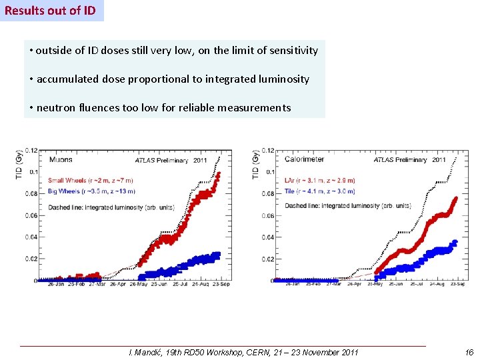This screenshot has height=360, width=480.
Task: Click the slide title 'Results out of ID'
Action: pyautogui.click(x=51, y=11)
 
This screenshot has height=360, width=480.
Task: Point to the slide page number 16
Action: pyautogui.click(x=469, y=352)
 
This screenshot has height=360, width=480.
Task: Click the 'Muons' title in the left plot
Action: pyautogui.click(x=60, y=159)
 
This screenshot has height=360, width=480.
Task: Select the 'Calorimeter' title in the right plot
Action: pyautogui.click(x=306, y=159)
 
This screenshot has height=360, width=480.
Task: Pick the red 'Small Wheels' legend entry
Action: pyautogui.click(x=90, y=181)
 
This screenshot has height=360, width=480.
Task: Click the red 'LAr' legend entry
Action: pyautogui.click(x=319, y=181)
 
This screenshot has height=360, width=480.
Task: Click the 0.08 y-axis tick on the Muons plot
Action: pyautogui.click(x=31, y=194)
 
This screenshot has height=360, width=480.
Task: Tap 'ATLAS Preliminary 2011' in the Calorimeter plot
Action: pyautogui.click(x=411, y=159)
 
